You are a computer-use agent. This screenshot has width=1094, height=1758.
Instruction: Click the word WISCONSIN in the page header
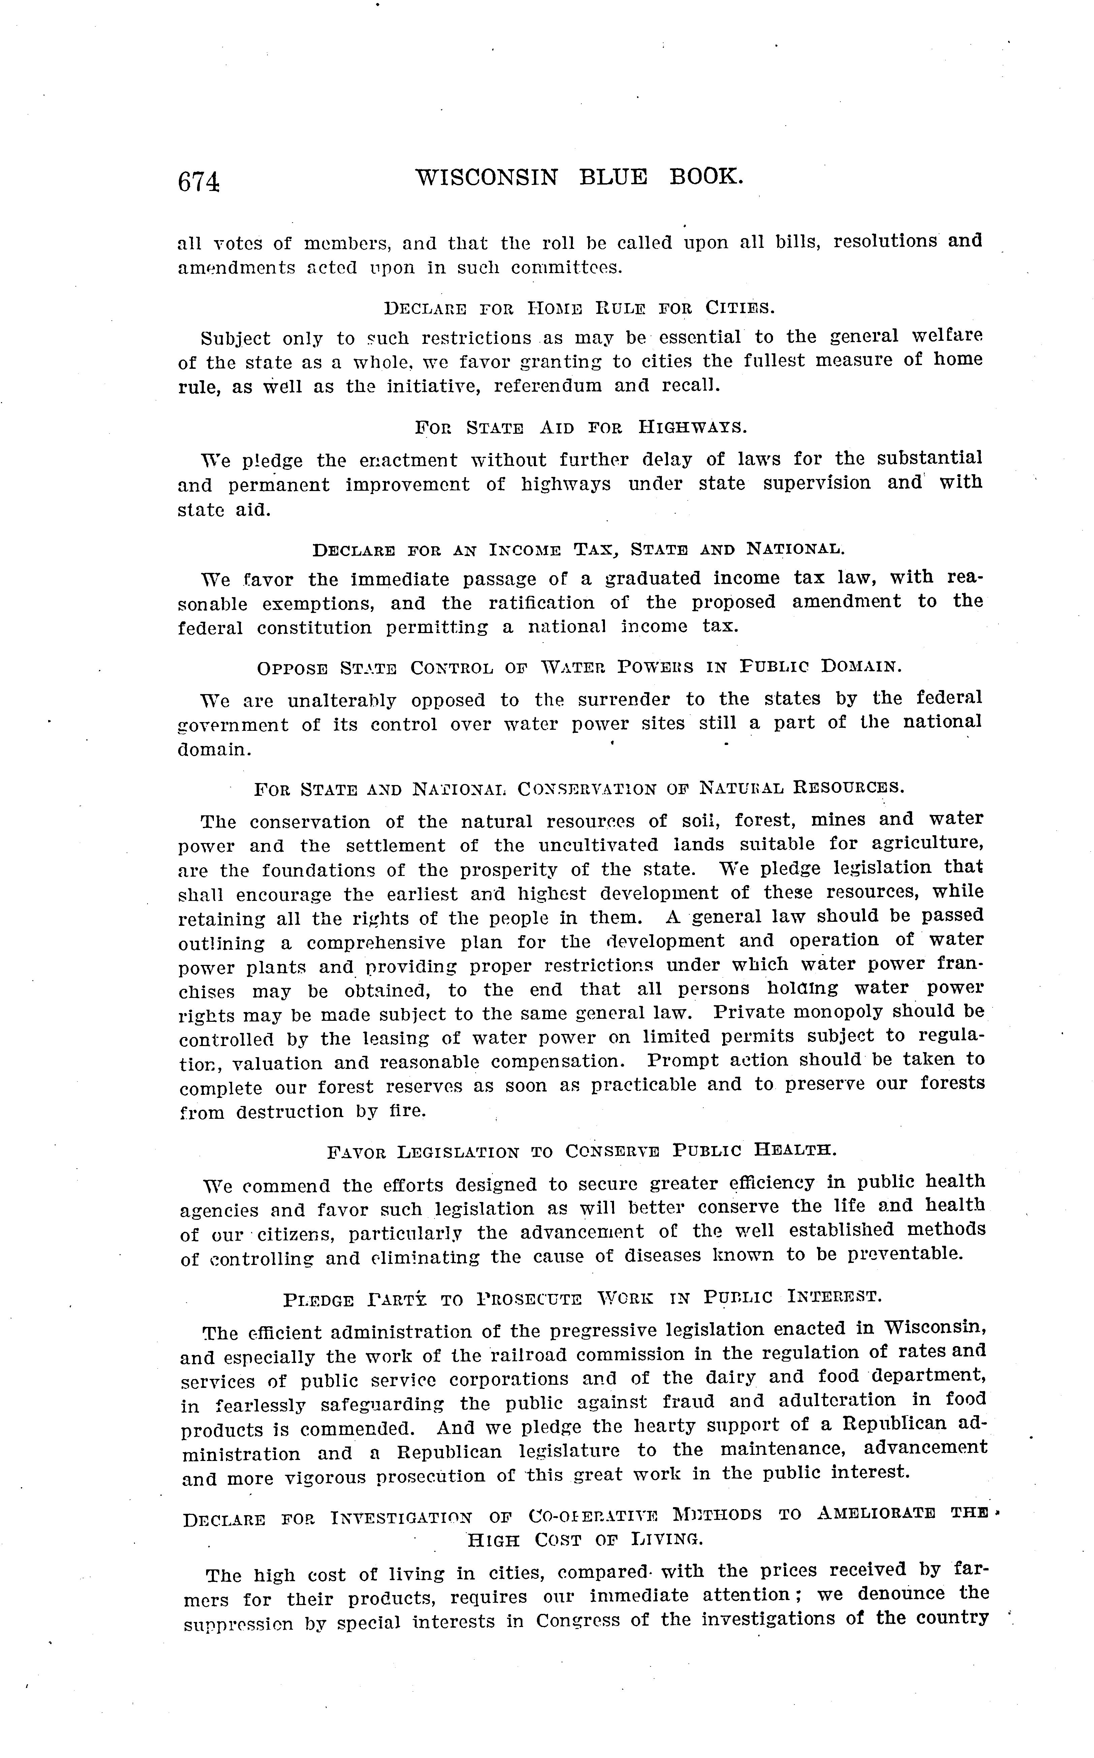point(487,177)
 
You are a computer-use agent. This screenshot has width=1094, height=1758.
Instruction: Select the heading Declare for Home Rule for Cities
point(579,308)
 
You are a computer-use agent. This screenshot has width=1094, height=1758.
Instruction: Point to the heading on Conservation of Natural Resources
point(579,788)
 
